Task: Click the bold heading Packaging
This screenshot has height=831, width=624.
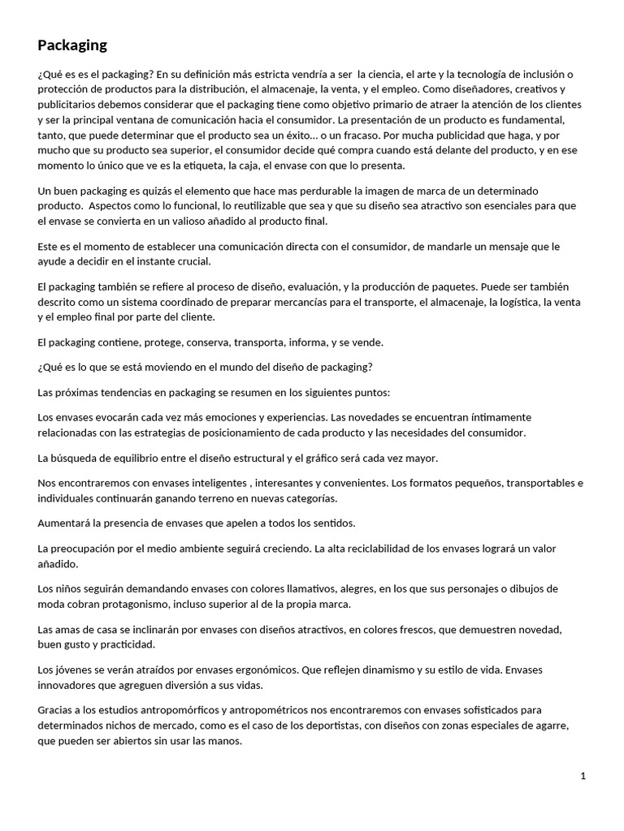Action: coord(72,45)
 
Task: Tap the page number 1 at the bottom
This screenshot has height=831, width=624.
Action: coord(583,776)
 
